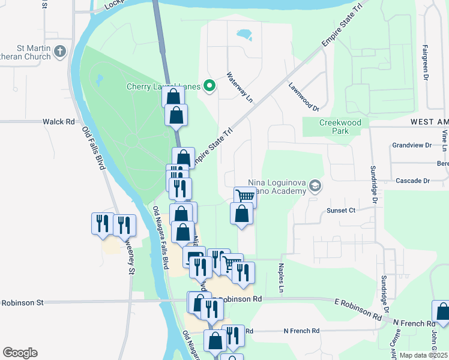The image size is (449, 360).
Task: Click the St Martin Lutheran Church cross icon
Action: click(59, 52)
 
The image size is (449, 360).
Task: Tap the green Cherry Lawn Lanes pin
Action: click(209, 86)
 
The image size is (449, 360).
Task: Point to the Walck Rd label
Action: click(58, 121)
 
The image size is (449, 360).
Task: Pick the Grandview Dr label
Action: click(411, 145)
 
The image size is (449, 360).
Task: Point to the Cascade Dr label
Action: click(413, 181)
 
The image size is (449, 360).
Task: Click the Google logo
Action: click(20, 353)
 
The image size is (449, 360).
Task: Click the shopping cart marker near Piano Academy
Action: click(245, 196)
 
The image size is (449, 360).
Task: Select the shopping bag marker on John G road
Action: click(442, 312)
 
